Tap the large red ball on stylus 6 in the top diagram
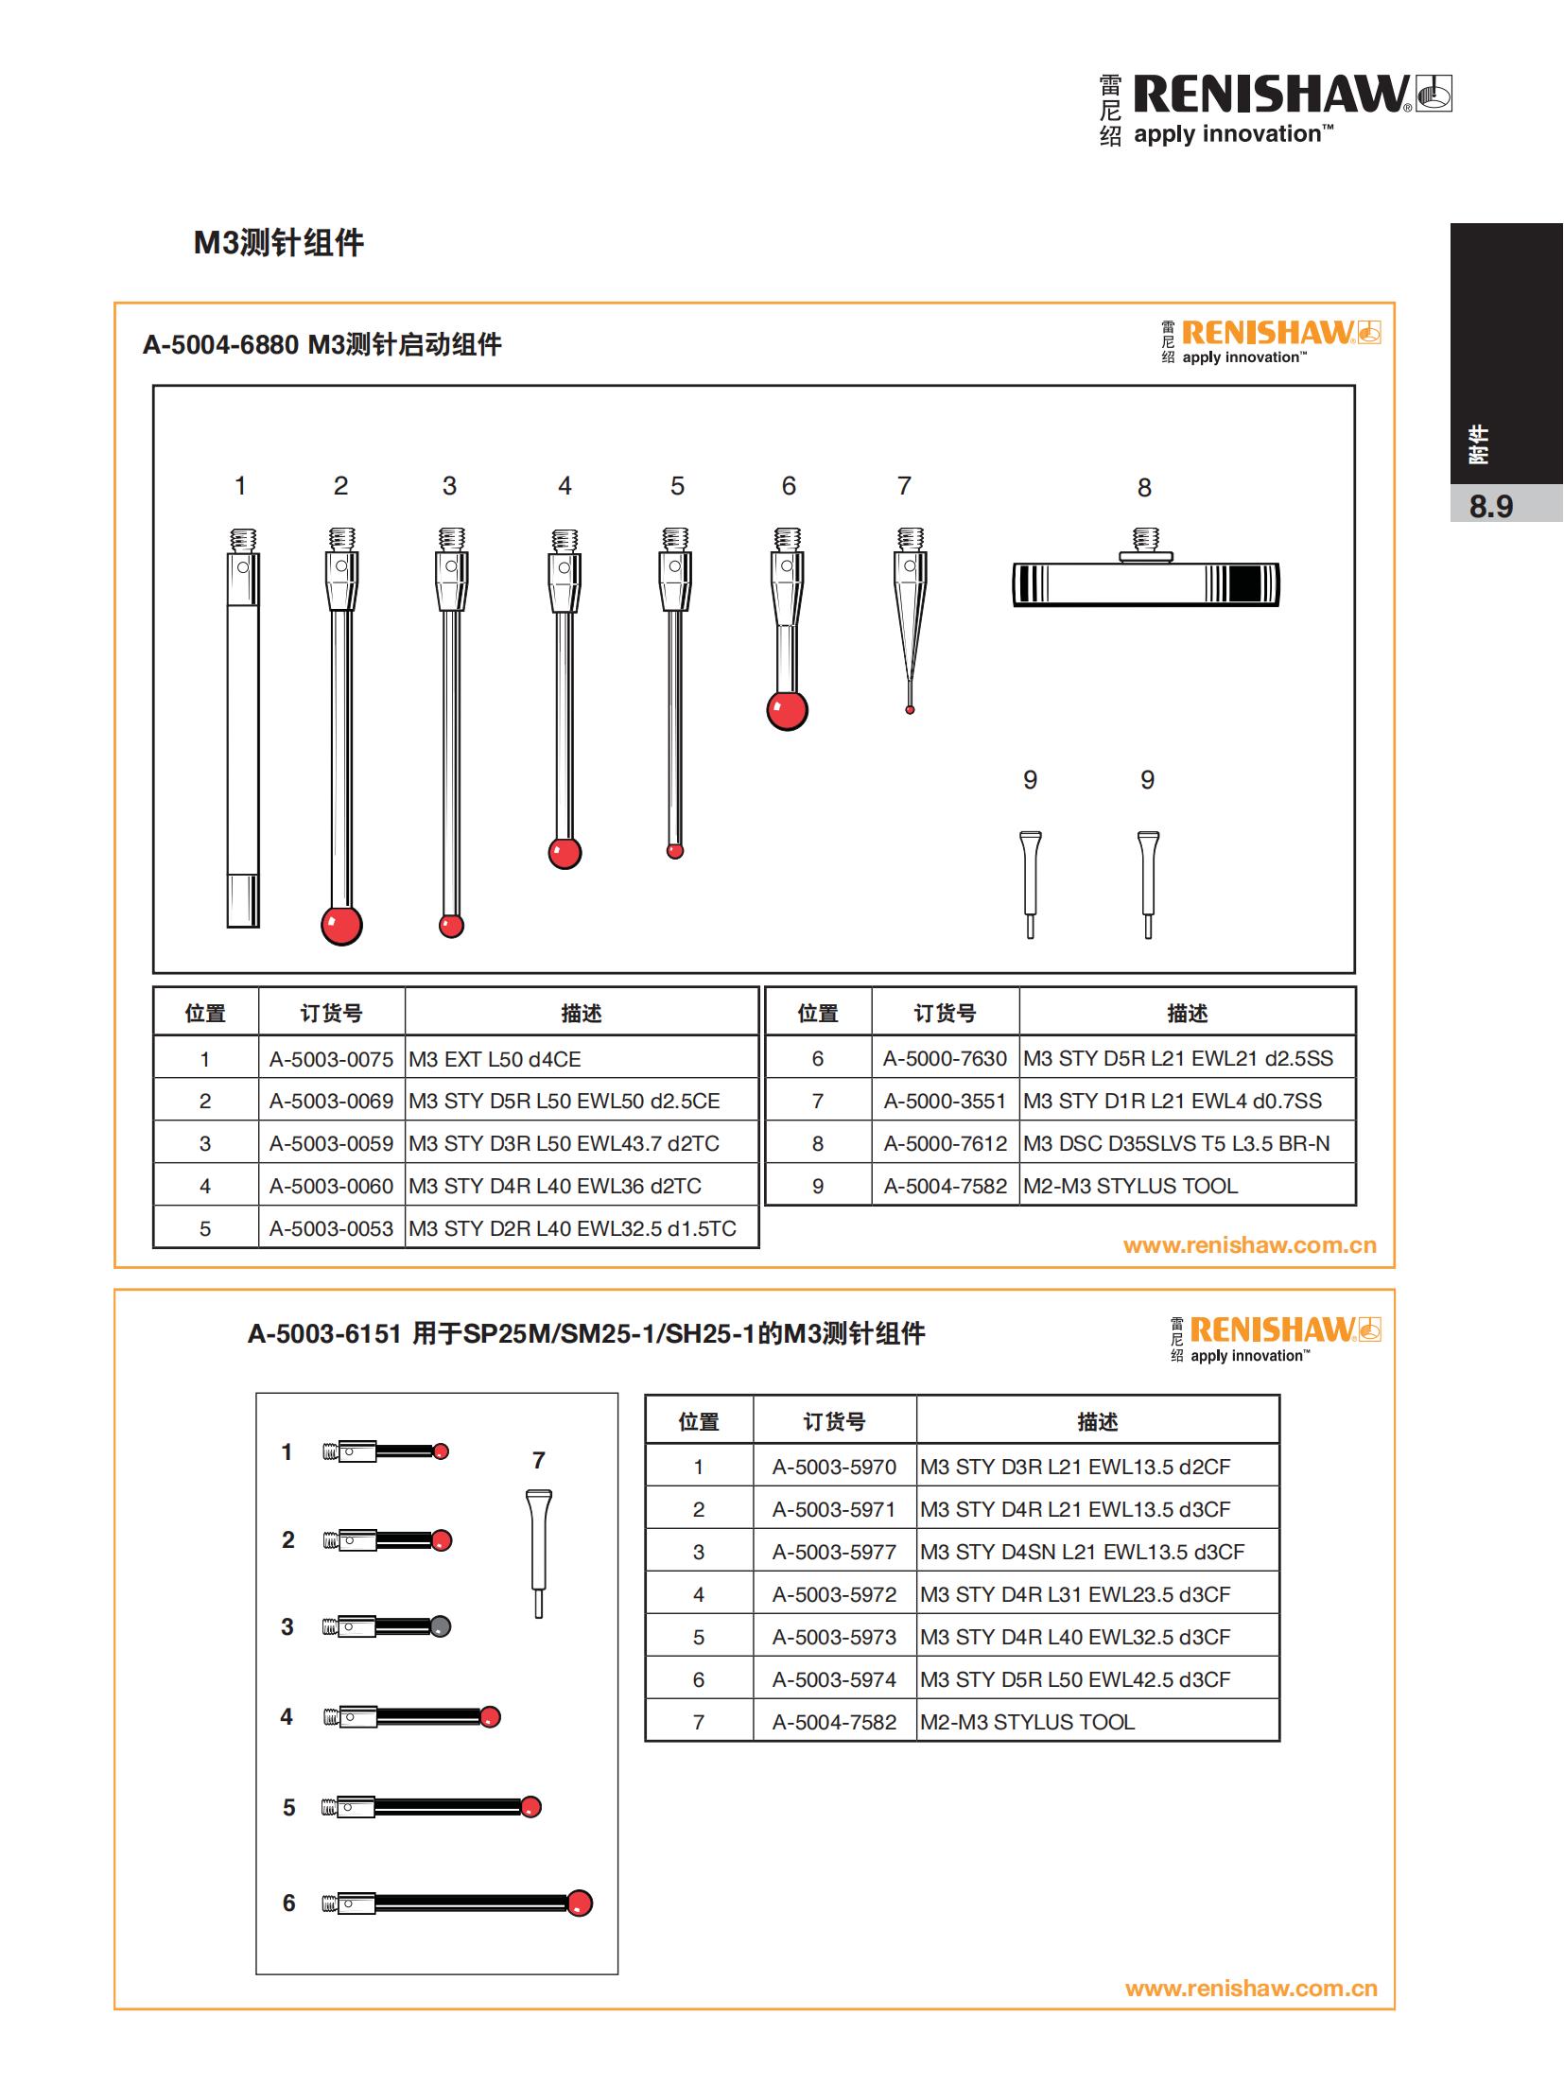point(787,710)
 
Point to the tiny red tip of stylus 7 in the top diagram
point(910,709)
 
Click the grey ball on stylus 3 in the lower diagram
point(441,1626)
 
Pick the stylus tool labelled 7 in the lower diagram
point(538,1554)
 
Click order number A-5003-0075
point(331,1059)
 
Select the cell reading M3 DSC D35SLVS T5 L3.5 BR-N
point(1176,1143)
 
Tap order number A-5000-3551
point(945,1101)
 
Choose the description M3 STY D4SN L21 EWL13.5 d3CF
point(1082,1552)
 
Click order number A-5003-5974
point(834,1679)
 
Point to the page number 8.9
point(1490,507)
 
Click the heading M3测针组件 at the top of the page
point(279,243)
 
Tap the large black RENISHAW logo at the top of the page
point(1275,96)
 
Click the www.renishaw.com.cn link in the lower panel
point(1251,1988)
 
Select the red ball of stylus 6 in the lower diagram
point(580,1903)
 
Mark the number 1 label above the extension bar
point(240,486)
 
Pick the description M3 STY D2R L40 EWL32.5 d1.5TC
point(572,1228)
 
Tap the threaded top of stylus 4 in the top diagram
point(565,541)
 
